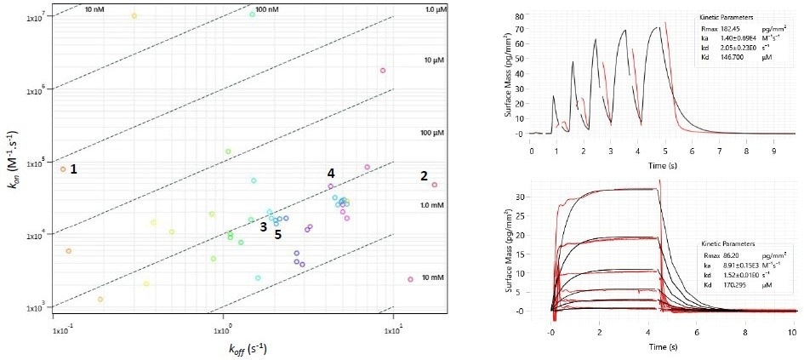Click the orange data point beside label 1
(x=62, y=169)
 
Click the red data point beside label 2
(x=435, y=185)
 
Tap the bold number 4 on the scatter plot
(x=331, y=174)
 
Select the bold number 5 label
(x=277, y=235)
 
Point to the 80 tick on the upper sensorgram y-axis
(x=517, y=16)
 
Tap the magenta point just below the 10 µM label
(x=383, y=71)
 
